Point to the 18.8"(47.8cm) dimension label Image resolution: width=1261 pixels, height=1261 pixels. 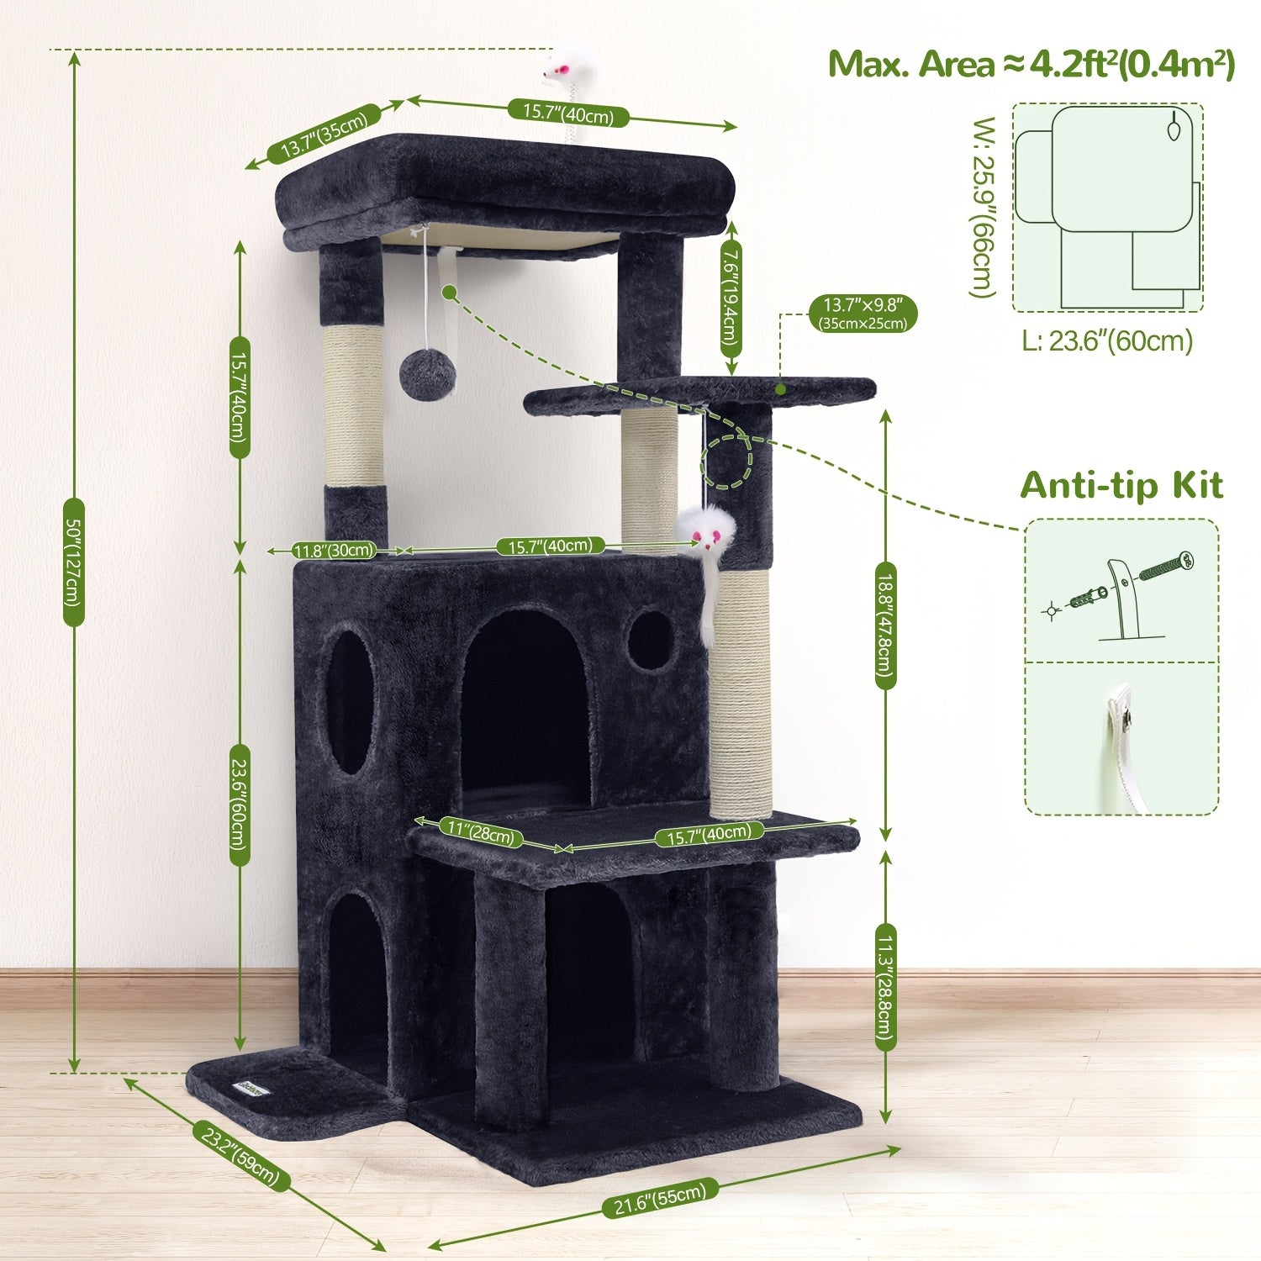tap(884, 619)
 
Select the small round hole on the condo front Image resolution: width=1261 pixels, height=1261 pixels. tap(650, 640)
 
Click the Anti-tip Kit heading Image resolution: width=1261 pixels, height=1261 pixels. tap(1121, 486)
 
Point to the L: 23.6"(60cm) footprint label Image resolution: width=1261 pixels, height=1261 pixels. tap(1107, 340)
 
